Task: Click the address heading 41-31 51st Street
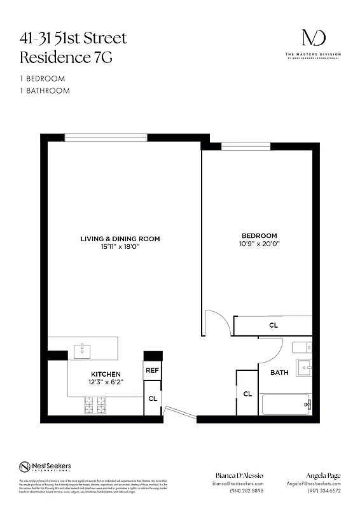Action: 73,38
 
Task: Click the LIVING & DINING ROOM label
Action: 120,239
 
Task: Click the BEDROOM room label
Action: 259,236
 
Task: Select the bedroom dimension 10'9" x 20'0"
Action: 259,244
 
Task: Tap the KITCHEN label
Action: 106,373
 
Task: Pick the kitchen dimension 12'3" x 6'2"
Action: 106,382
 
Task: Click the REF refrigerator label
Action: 152,370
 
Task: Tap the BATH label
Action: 280,372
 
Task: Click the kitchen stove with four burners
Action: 97,403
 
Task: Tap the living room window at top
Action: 106,137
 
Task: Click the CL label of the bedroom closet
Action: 273,325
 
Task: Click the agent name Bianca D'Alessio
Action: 237,476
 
